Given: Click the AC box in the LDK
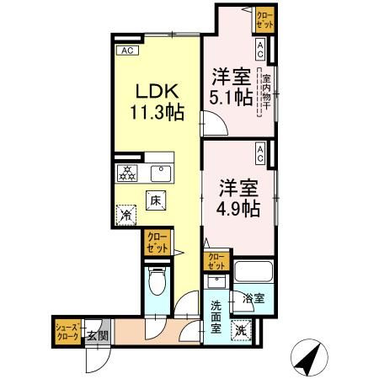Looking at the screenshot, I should coord(127,50).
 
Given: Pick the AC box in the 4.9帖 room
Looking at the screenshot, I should coord(260,154).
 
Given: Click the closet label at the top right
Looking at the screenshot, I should coord(265,19).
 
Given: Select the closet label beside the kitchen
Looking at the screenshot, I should coord(156,244).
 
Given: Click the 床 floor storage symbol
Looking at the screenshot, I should coord(155,200).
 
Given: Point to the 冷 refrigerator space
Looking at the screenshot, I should coord(125,216).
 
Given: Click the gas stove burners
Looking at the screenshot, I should coord(126,173).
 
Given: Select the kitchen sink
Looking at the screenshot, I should coord(157,173).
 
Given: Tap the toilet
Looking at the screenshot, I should coord(157,280).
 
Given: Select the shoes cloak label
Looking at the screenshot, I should coord(67,332).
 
